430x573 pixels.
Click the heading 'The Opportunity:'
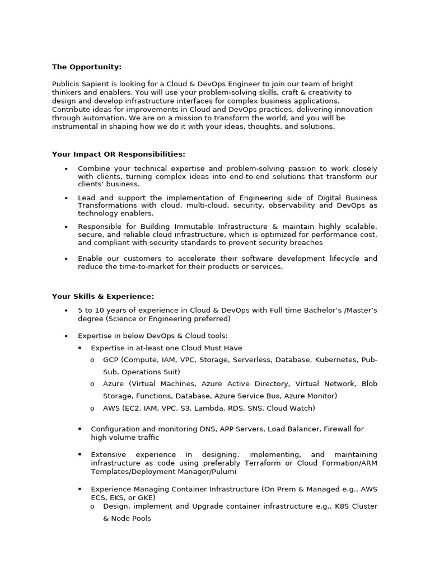pos(86,67)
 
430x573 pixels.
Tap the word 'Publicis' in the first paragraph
pos(66,84)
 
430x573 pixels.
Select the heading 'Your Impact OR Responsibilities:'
pos(118,154)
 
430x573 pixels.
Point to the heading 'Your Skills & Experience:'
pos(102,297)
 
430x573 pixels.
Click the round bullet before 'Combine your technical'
pos(66,169)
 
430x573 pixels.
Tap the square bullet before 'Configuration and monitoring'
pos(80,429)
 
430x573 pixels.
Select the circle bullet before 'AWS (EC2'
pos(92,408)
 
